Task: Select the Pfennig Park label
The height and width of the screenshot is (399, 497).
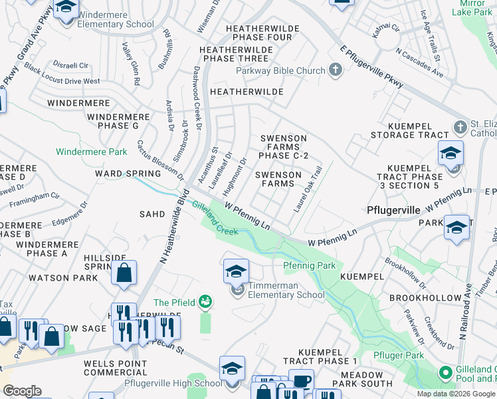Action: [309, 265]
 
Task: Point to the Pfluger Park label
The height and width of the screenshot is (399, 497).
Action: [398, 356]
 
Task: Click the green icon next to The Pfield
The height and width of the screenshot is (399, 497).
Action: [207, 303]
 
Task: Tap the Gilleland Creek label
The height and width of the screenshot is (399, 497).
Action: [215, 219]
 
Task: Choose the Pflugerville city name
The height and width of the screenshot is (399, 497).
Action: [393, 210]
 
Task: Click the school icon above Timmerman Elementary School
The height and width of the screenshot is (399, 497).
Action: [236, 271]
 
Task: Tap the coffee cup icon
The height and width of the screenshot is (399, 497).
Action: [301, 381]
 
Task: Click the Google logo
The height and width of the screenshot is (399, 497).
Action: [22, 391]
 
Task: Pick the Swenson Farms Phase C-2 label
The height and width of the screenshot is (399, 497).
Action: [284, 147]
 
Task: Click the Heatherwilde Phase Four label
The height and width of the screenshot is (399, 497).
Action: [259, 33]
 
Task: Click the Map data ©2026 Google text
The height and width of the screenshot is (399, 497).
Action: [455, 394]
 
